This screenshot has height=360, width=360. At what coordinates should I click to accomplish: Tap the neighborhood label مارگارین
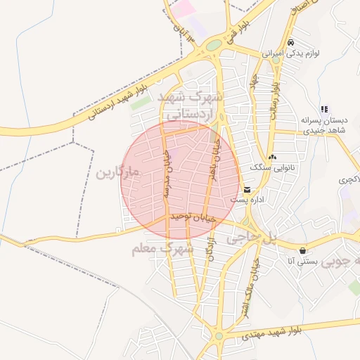coord(118,172)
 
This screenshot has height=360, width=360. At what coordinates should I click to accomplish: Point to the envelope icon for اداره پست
coord(247,190)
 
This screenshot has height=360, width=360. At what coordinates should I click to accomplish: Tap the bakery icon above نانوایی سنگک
coord(272,157)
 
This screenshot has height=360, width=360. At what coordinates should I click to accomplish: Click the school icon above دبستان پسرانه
coord(324,110)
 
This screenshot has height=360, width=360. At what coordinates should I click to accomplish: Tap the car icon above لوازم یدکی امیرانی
coord(290,42)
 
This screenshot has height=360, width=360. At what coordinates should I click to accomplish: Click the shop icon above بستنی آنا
coord(302,250)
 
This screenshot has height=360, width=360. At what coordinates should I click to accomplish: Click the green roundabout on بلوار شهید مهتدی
coord(219,336)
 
